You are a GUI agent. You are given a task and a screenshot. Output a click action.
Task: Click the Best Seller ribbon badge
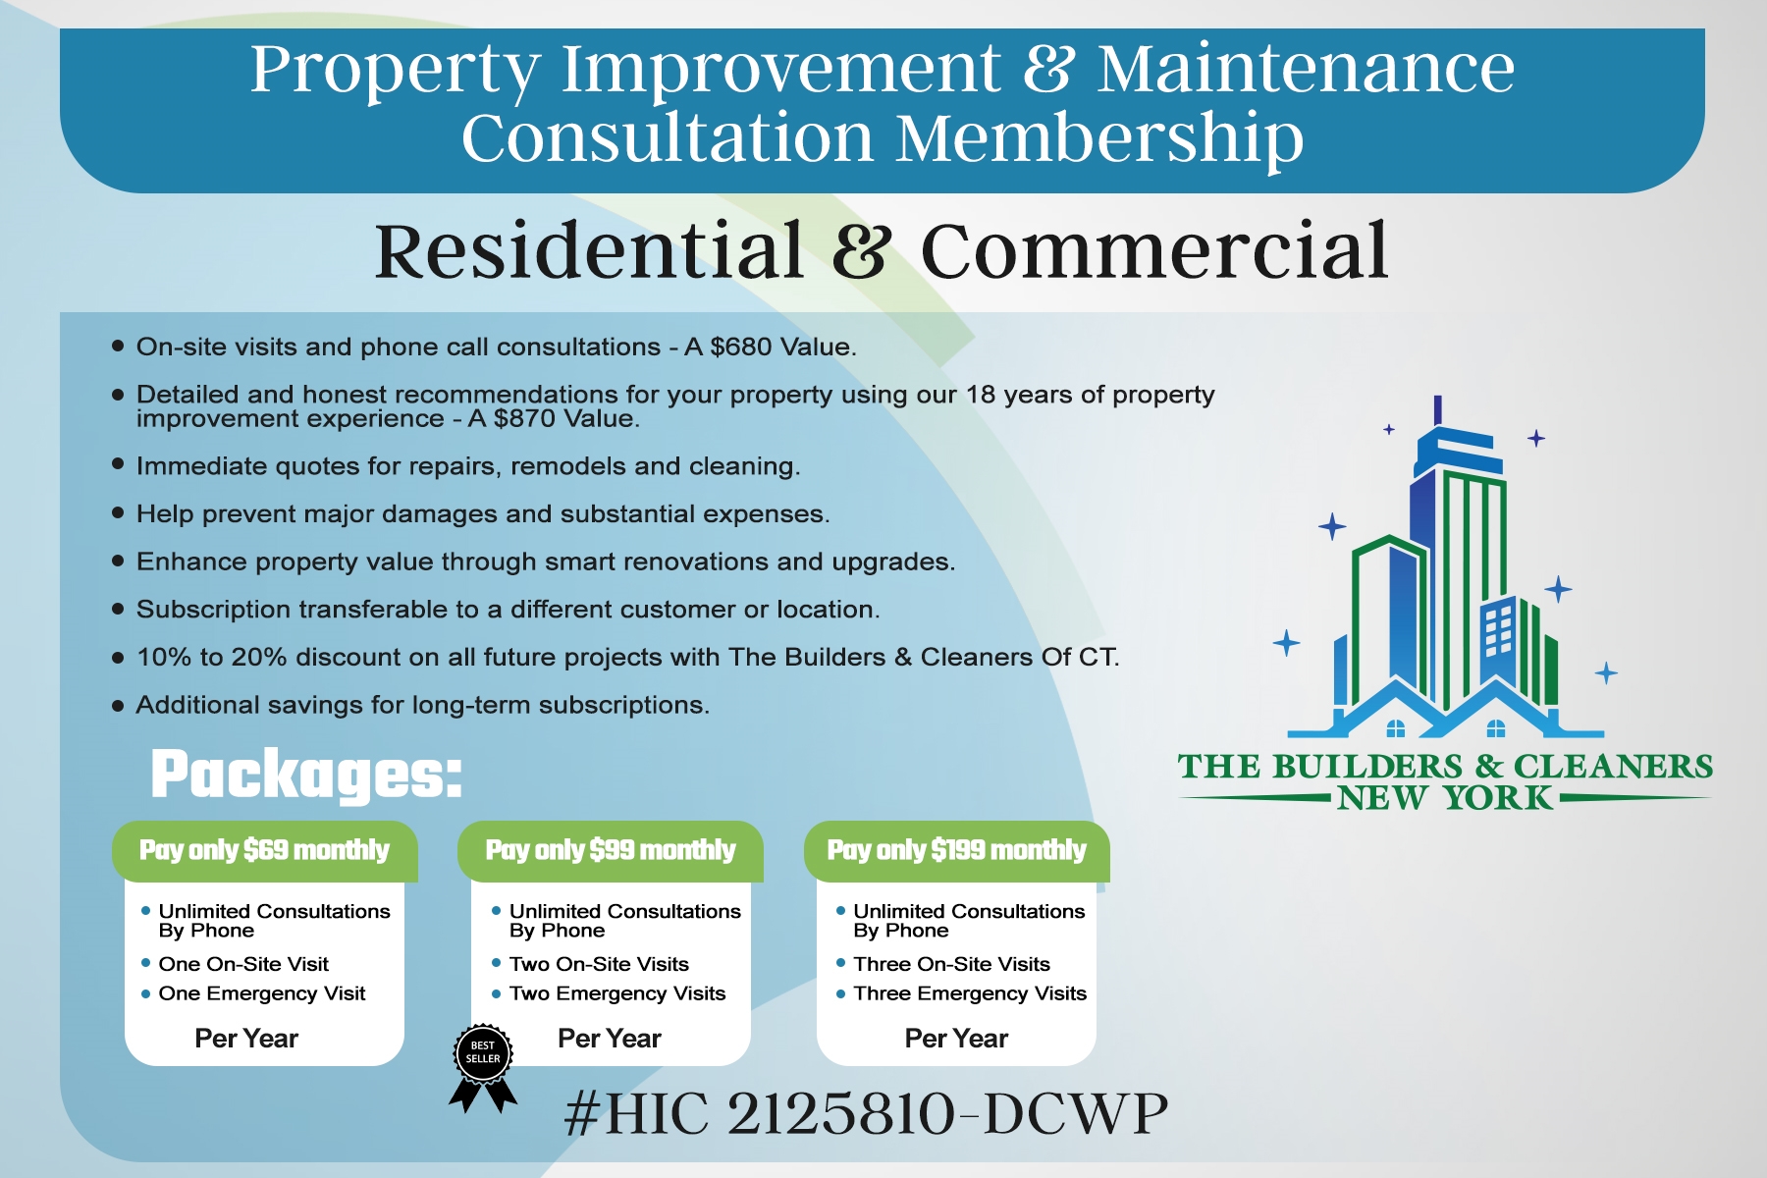pyautogui.click(x=483, y=1066)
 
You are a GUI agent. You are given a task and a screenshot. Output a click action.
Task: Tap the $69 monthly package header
pyautogui.click(x=265, y=851)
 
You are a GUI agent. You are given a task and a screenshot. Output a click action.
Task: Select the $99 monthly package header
pyautogui.click(x=611, y=851)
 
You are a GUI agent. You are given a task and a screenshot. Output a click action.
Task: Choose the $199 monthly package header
pyautogui.click(x=957, y=851)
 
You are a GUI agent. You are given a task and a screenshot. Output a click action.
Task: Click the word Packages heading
pyautogui.click(x=306, y=776)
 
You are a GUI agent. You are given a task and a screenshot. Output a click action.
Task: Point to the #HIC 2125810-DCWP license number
pyautogui.click(x=867, y=1113)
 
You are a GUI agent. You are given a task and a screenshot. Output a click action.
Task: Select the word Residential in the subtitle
pyautogui.click(x=589, y=250)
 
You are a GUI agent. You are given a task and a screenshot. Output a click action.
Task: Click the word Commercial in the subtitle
pyautogui.click(x=1154, y=250)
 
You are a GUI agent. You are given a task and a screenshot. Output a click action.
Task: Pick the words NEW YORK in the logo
pyautogui.click(x=1445, y=798)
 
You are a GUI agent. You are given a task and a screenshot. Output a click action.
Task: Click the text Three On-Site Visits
pyautogui.click(x=951, y=964)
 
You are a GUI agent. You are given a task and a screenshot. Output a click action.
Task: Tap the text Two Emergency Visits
pyautogui.click(x=617, y=993)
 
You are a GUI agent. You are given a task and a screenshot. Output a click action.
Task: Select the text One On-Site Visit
pyautogui.click(x=243, y=964)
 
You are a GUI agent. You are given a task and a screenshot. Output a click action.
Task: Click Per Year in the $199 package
pyautogui.click(x=956, y=1039)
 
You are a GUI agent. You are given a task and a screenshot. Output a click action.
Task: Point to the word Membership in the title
pyautogui.click(x=1100, y=137)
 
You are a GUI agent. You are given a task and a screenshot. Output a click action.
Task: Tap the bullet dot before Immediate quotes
pyautogui.click(x=118, y=464)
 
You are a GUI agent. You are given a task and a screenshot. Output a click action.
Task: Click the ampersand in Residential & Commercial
pyautogui.click(x=862, y=250)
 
